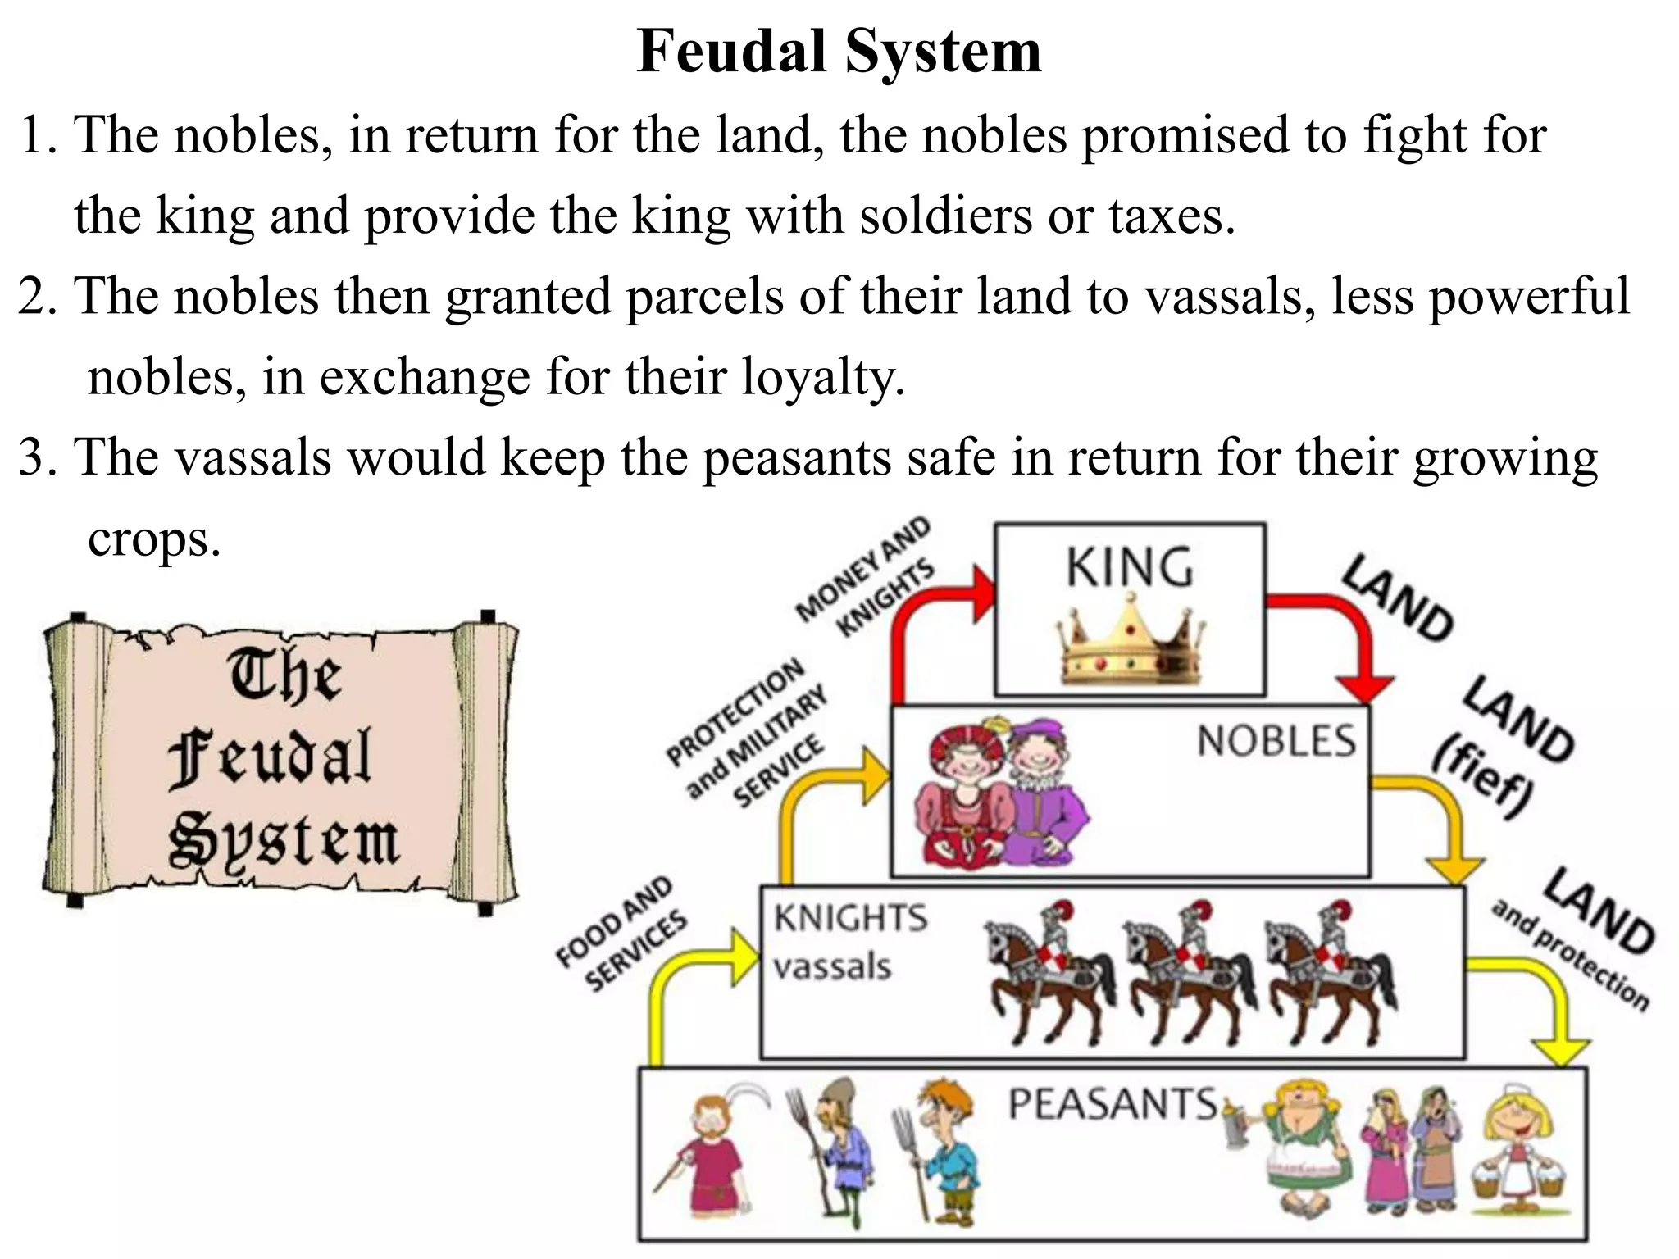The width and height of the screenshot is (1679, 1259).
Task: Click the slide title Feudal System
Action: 839,51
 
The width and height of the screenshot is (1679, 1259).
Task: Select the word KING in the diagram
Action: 1130,567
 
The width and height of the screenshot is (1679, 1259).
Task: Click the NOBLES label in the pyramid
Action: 1276,741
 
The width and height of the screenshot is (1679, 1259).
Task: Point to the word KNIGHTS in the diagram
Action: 851,917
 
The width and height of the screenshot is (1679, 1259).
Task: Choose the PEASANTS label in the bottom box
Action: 1113,1103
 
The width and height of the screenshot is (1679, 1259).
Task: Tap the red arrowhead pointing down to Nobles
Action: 1364,687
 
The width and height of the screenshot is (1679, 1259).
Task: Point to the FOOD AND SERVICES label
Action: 621,934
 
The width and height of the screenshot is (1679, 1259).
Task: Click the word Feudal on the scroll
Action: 271,759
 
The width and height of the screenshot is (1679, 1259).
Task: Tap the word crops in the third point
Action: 154,539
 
